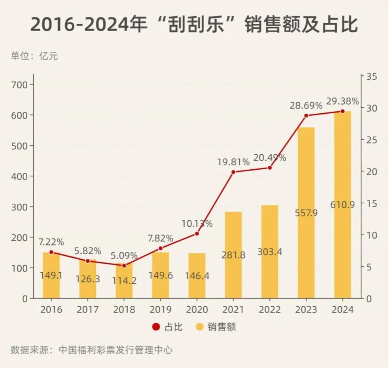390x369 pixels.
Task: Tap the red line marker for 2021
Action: pyautogui.click(x=233, y=172)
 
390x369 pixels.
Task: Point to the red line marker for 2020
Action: pyautogui.click(x=197, y=234)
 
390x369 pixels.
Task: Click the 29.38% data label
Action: pyautogui.click(x=342, y=101)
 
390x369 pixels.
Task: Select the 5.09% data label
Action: pyautogui.click(x=124, y=255)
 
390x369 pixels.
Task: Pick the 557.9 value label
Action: pyautogui.click(x=306, y=213)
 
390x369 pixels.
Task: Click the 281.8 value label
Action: pyautogui.click(x=233, y=255)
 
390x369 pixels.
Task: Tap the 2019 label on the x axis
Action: pyautogui.click(x=160, y=310)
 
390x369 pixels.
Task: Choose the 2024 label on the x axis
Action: pyautogui.click(x=342, y=310)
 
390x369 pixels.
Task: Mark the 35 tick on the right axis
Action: pyautogui.click(x=372, y=77)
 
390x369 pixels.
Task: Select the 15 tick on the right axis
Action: pyautogui.click(x=372, y=204)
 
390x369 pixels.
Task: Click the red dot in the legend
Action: pyautogui.click(x=156, y=327)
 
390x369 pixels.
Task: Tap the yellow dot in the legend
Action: pyautogui.click(x=200, y=327)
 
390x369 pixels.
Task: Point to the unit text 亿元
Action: pyautogui.click(x=48, y=56)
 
